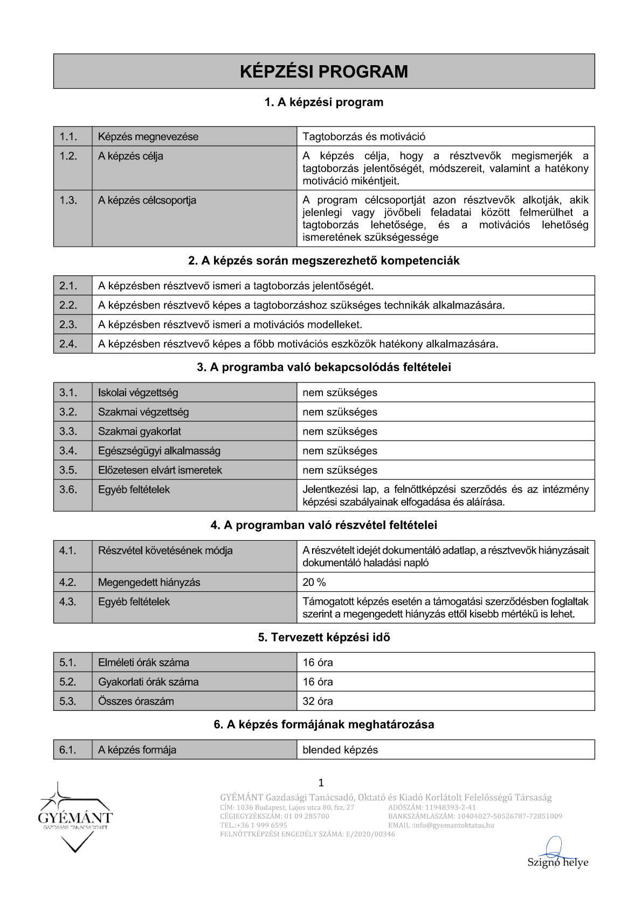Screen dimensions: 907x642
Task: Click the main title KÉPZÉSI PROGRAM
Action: (323, 72)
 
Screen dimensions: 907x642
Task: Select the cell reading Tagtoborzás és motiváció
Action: (364, 137)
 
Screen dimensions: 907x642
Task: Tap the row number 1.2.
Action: (68, 156)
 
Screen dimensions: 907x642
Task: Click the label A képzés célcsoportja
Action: (147, 200)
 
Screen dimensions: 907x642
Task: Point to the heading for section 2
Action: (323, 261)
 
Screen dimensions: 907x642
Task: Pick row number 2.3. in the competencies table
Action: (68, 325)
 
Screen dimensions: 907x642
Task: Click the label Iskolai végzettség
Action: (137, 393)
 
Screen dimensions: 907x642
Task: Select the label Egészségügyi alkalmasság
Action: (159, 451)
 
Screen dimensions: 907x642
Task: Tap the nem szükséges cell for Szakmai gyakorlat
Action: (340, 431)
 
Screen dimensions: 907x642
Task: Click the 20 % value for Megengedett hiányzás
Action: (314, 582)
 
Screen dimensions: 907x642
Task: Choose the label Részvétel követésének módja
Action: (165, 550)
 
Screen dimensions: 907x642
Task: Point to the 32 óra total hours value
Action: (317, 701)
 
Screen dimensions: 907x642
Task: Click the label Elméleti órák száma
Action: (143, 662)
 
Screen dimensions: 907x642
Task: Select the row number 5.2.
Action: (68, 682)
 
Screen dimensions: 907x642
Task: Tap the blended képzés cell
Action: (340, 750)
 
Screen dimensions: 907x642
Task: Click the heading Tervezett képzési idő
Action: (323, 638)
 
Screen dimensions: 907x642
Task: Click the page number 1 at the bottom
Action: (321, 783)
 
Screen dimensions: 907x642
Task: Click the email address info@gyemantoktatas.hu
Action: (453, 825)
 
